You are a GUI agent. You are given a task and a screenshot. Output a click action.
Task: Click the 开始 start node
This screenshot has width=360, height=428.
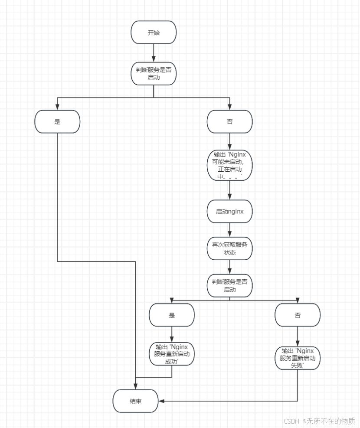(154, 33)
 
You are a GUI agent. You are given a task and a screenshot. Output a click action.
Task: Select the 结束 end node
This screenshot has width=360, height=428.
(135, 401)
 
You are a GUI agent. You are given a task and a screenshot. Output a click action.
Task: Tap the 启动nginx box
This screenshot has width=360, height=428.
(229, 212)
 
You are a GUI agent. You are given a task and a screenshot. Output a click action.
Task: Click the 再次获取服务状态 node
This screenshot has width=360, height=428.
(229, 248)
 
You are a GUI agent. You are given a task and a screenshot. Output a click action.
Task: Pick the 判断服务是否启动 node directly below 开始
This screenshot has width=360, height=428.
(154, 74)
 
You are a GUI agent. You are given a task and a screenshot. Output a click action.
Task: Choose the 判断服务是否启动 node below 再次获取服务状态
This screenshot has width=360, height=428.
(229, 286)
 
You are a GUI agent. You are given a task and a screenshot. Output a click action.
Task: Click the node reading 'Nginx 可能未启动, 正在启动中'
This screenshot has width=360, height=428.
(229, 165)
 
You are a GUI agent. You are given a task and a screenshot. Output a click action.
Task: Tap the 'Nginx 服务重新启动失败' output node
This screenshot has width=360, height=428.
(298, 358)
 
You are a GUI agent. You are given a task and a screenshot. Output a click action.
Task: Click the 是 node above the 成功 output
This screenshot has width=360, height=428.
(172, 315)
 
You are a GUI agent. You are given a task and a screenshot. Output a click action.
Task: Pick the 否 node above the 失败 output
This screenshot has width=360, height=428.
(298, 315)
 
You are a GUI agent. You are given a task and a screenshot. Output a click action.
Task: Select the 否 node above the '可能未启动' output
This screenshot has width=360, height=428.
(229, 121)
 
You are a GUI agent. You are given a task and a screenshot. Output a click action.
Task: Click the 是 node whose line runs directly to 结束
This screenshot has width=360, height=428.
(57, 121)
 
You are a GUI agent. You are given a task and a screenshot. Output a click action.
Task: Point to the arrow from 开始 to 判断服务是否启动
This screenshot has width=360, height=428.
(154, 53)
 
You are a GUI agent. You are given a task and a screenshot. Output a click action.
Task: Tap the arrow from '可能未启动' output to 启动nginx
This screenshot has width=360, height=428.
(229, 190)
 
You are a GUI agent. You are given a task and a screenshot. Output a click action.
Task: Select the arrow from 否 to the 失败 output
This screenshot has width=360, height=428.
(298, 337)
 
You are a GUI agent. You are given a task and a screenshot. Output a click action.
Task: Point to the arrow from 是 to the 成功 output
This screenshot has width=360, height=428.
(172, 334)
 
